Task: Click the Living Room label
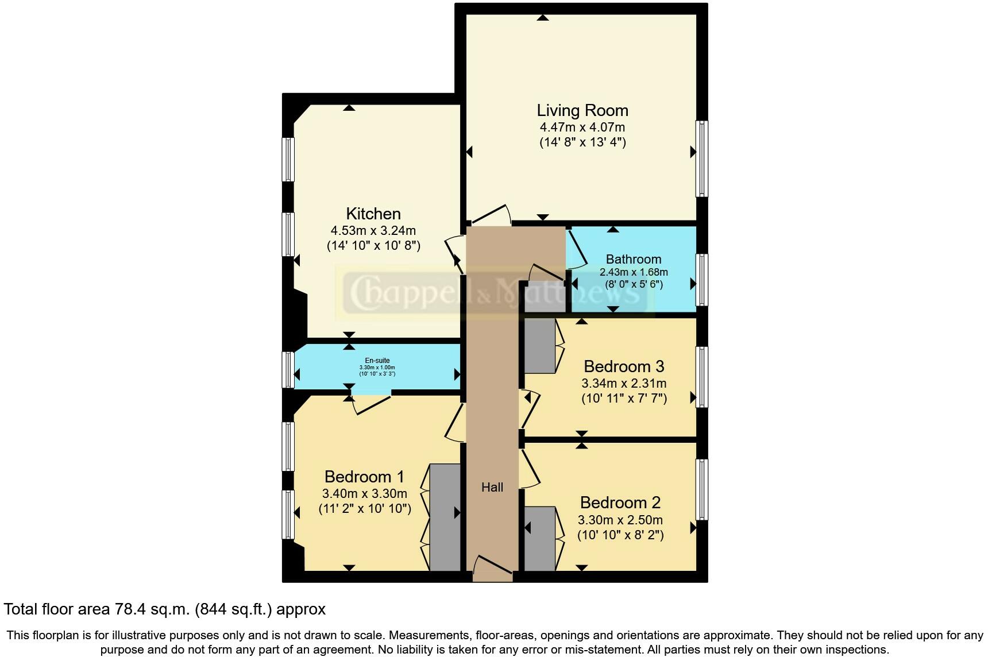tap(582, 110)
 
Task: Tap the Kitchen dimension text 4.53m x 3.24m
tap(373, 231)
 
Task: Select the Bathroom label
tap(634, 259)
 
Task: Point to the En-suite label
tap(377, 361)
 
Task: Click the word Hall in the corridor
tap(492, 488)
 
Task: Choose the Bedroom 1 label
tap(364, 477)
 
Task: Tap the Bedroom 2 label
tap(620, 503)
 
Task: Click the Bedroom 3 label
tap(624, 366)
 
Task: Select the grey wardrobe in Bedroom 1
tap(445, 517)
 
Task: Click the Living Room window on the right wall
tap(701, 159)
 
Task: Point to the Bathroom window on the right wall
tap(701, 280)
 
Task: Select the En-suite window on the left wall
tap(288, 369)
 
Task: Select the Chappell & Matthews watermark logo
tap(494, 292)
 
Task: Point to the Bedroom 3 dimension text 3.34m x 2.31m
tap(624, 383)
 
